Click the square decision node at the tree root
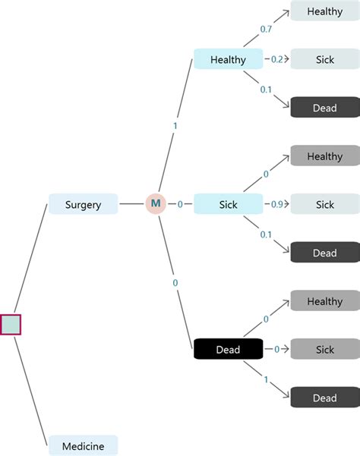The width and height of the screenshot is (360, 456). point(11,324)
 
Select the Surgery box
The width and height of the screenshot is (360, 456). point(83,204)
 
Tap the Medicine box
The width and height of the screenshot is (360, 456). point(83,445)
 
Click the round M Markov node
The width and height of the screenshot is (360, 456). point(155,203)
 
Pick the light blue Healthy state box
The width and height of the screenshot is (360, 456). point(228,59)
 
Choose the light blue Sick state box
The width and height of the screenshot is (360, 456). point(228,204)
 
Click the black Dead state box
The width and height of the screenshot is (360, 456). point(228,349)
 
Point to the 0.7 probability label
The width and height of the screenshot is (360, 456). point(266,29)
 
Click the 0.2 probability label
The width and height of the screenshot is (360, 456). point(277,59)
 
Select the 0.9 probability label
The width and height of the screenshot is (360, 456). point(277,204)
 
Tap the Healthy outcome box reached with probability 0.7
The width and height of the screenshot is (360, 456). point(324,11)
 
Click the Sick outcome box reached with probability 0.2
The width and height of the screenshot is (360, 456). point(324,59)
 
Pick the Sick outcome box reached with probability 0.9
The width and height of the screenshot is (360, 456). point(324,204)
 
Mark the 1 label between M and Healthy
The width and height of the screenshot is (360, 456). point(175,124)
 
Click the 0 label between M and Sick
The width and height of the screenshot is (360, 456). point(180,204)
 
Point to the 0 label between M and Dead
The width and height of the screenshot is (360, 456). point(175,283)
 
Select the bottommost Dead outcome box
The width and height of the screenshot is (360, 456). point(324,397)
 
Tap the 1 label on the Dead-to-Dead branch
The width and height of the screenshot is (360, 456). point(266,377)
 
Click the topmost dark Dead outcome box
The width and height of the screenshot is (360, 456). point(324,108)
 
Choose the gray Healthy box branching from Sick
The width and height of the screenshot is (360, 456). point(324,156)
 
